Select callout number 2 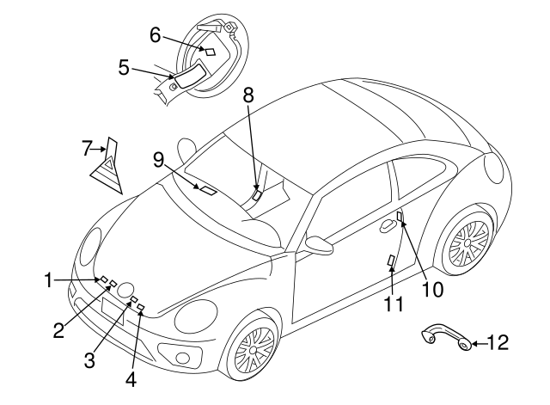point(58,330)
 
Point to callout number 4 point(131,377)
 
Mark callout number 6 point(156,34)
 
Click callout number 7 point(87,149)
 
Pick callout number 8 point(248,96)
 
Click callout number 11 point(393,303)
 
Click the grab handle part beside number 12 point(446,337)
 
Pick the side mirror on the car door point(320,246)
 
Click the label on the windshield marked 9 point(207,187)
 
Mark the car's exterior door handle point(388,225)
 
